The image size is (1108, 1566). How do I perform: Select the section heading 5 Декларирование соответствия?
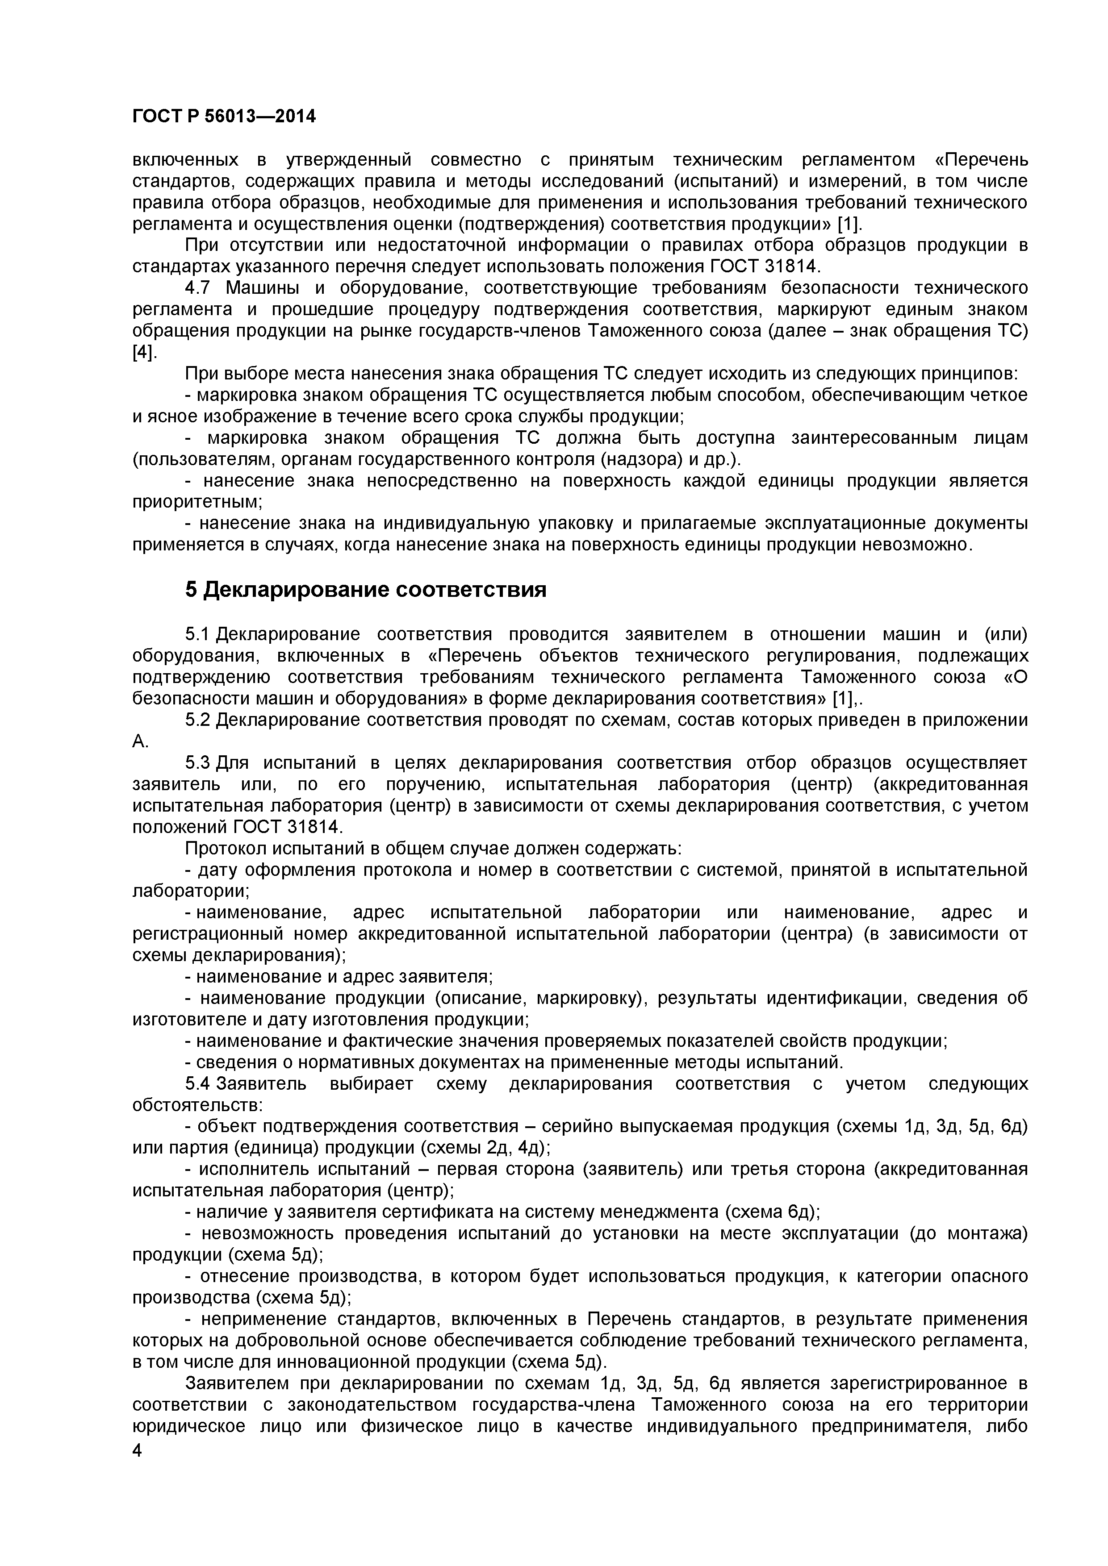pyautogui.click(x=366, y=589)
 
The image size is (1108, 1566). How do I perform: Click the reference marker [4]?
pyautogui.click(x=143, y=353)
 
